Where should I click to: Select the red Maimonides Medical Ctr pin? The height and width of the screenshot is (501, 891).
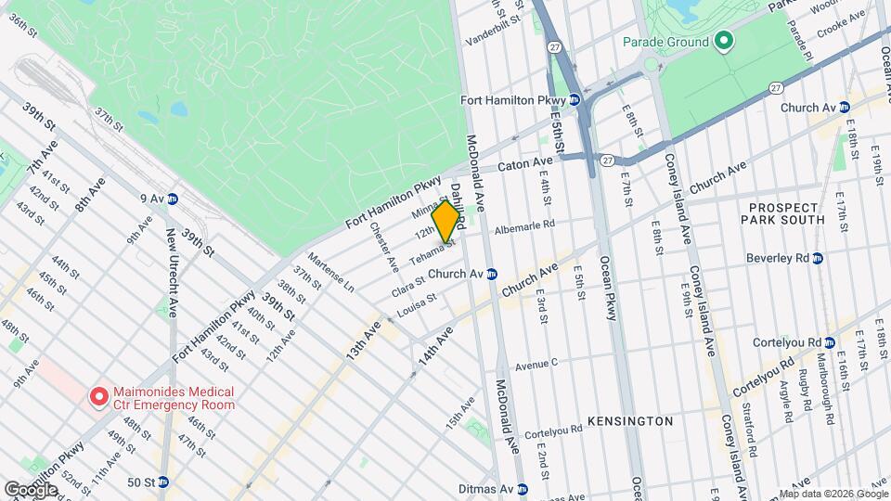tap(97, 397)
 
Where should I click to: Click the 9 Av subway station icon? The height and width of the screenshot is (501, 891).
tap(173, 199)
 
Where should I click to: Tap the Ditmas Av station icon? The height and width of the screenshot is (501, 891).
tap(523, 489)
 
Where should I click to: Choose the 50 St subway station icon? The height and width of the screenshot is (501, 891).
tap(163, 482)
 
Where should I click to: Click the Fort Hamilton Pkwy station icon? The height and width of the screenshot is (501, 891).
tap(575, 99)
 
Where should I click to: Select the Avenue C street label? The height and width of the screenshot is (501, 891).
tap(536, 363)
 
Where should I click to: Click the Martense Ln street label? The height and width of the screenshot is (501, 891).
tap(331, 269)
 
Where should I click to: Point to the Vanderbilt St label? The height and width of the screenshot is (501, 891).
tap(488, 40)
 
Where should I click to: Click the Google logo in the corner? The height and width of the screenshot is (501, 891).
tap(31, 489)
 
